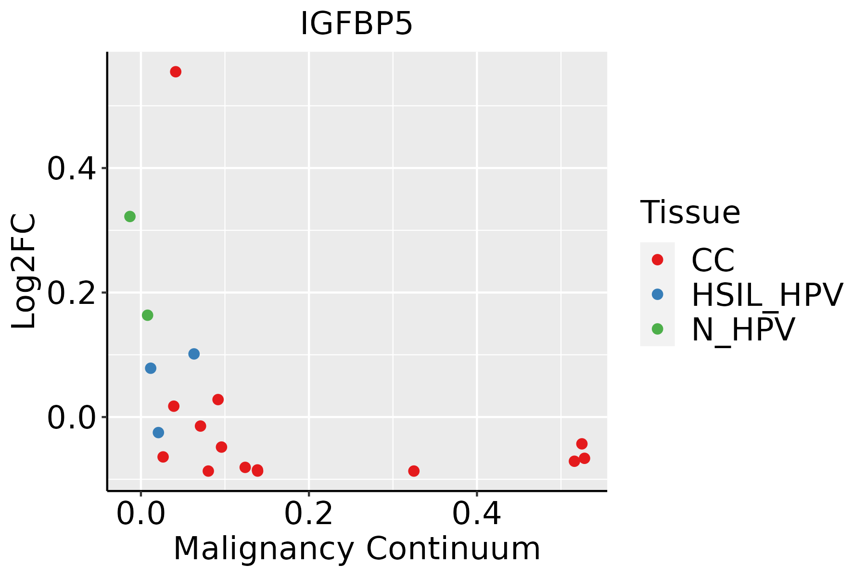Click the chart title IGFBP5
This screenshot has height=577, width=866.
357,24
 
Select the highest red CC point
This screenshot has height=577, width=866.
176,72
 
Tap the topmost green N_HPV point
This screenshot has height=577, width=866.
130,216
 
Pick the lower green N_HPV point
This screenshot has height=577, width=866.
148,315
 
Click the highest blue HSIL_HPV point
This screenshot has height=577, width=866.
194,354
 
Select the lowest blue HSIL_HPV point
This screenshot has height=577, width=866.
158,433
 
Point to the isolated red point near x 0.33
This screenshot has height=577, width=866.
414,471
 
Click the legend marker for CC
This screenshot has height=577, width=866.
657,260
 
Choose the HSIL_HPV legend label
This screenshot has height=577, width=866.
767,295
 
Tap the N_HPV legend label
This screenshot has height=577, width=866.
743,329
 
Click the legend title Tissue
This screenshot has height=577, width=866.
690,212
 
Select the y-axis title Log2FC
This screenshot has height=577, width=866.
24,271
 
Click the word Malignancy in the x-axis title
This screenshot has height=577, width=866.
264,549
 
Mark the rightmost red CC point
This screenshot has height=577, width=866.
585,458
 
